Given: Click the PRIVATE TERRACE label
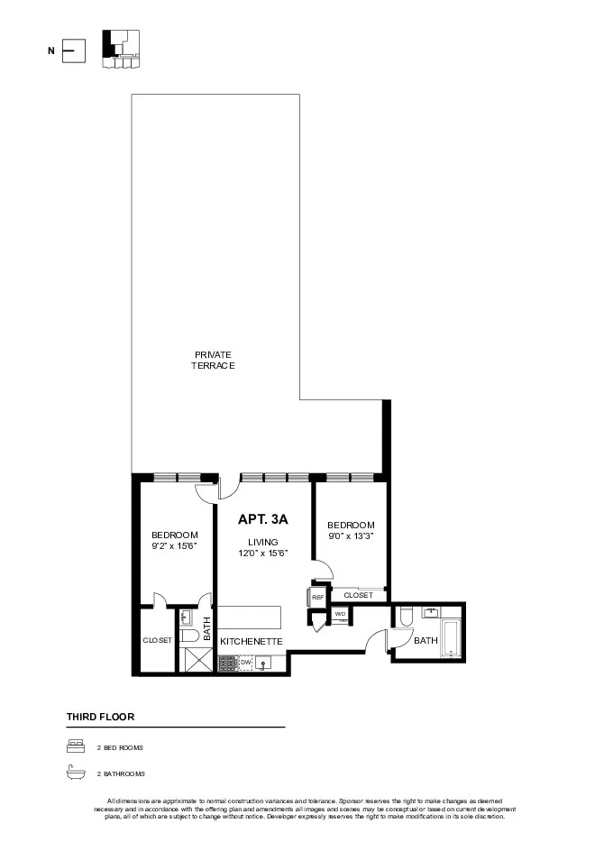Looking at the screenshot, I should pyautogui.click(x=213, y=360).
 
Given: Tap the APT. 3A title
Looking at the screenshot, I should pyautogui.click(x=262, y=520).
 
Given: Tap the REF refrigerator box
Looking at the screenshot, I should pyautogui.click(x=317, y=597).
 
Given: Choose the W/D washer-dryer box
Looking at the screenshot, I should pyautogui.click(x=340, y=614).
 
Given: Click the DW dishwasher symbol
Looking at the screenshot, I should pyautogui.click(x=245, y=663).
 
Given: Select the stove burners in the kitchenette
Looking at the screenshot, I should pyautogui.click(x=226, y=664).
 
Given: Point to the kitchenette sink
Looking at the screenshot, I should pyautogui.click(x=264, y=664).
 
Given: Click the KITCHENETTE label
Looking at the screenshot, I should pyautogui.click(x=252, y=641).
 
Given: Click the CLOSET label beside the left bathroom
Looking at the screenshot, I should pyautogui.click(x=157, y=640).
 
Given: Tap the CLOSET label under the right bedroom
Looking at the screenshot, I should pyautogui.click(x=358, y=595).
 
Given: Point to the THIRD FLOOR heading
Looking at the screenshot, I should pyautogui.click(x=100, y=717).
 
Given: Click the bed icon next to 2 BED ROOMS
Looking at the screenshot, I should pyautogui.click(x=75, y=747).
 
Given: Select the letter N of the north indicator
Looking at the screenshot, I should pyautogui.click(x=51, y=51).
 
